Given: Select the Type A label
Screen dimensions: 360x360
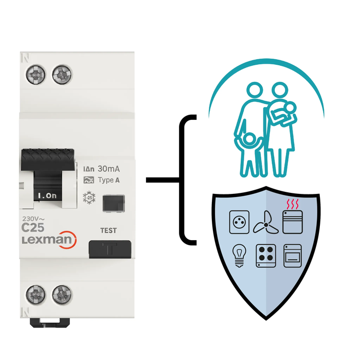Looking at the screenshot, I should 109,180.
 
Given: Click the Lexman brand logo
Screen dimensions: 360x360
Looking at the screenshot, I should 48,241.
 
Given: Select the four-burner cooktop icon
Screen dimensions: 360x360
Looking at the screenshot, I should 265,256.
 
